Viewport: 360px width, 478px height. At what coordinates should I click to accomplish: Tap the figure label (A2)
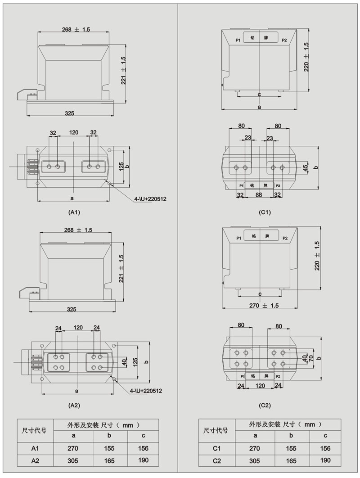coord(74,405)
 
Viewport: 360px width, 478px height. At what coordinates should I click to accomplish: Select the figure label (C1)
coord(265,212)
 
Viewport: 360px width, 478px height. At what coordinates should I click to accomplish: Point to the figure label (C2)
coord(265,405)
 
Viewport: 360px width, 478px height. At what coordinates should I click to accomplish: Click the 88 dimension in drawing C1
coord(259,194)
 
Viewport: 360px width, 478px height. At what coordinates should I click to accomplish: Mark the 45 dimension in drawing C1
coord(306,167)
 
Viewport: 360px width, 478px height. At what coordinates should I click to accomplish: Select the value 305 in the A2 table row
coord(72,460)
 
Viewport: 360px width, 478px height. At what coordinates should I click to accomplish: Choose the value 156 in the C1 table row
coord(325,448)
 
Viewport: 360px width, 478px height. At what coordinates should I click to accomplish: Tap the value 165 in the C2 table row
coord(291,460)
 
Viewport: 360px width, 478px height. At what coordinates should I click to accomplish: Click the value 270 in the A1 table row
coord(72,448)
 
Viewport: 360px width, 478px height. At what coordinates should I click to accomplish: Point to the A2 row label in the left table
coord(35,460)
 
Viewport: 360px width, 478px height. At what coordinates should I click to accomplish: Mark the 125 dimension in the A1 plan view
coord(121,167)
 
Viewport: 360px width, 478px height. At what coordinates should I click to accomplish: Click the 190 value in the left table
coord(143,460)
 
